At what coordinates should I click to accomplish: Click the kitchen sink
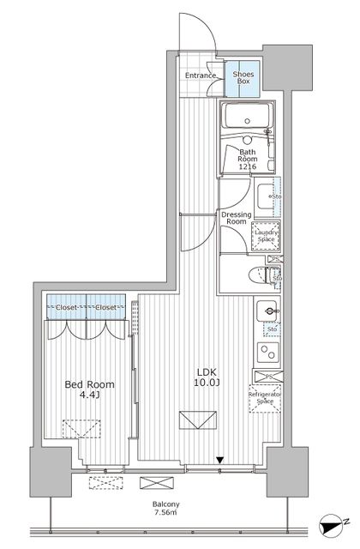point(269,311)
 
